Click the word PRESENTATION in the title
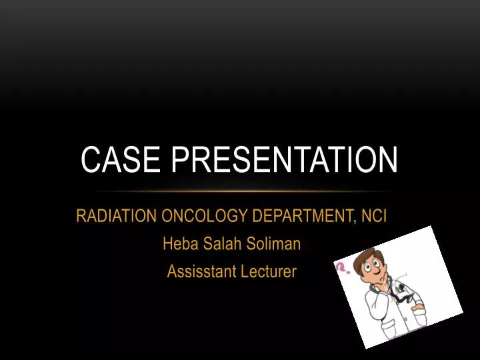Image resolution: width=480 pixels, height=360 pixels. (x=283, y=161)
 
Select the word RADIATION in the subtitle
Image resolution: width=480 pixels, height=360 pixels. (x=115, y=217)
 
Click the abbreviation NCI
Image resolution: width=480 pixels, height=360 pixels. (x=374, y=217)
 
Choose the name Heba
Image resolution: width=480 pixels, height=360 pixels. (x=178, y=244)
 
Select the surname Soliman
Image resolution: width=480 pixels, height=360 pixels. (x=275, y=244)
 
